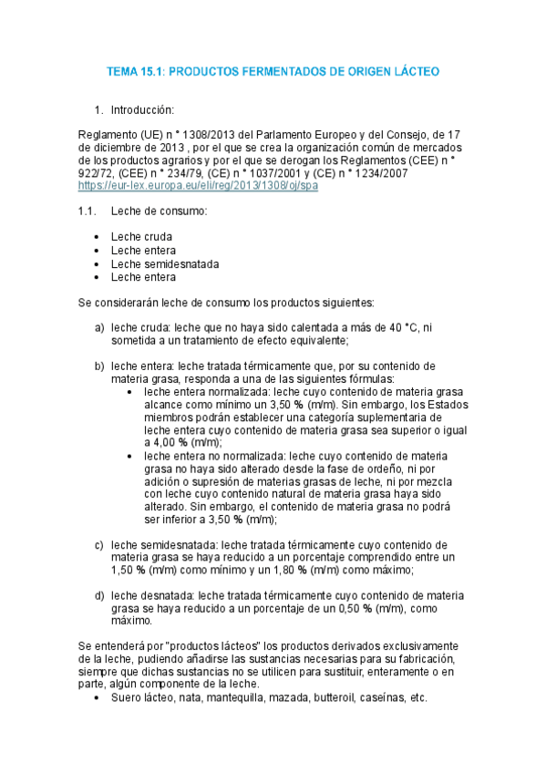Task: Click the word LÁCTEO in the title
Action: pyautogui.click(x=416, y=70)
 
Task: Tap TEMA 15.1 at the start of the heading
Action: pyautogui.click(x=135, y=70)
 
